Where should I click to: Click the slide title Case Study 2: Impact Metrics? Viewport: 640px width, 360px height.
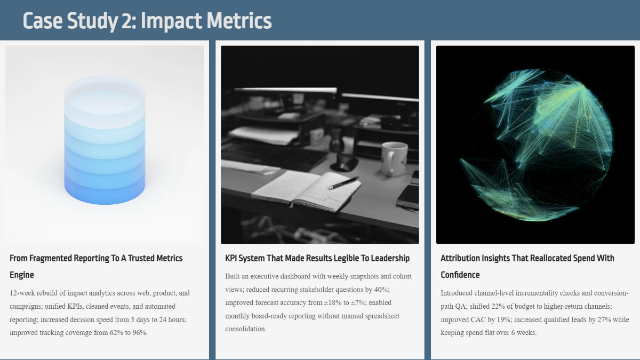point(147,21)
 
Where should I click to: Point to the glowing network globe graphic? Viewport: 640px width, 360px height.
point(535,145)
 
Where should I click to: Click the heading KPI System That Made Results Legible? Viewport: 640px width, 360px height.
point(317,258)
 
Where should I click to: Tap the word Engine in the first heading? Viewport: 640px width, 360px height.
point(22,275)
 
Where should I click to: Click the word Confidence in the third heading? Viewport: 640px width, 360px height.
point(460,275)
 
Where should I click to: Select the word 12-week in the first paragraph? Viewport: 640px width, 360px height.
point(22,293)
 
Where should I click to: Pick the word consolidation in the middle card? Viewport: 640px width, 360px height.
point(245,329)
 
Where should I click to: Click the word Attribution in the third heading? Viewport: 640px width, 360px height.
point(460,258)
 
